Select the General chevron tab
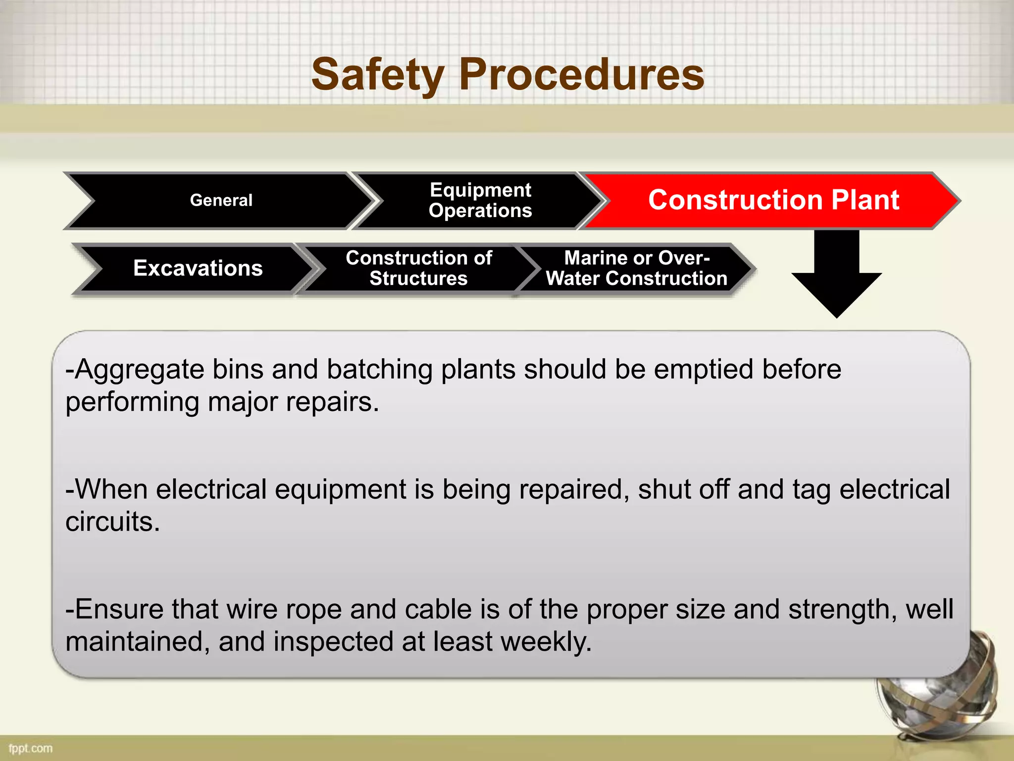click(221, 200)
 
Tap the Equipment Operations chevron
click(480, 200)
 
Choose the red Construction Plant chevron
click(773, 200)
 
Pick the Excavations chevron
click(198, 268)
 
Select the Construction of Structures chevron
click(418, 268)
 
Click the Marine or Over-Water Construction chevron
click(636, 268)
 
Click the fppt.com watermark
click(31, 748)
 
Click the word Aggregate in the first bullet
click(139, 370)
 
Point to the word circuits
click(112, 522)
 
